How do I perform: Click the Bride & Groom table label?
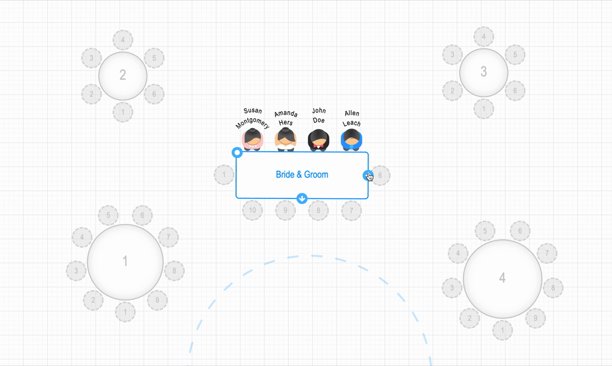tap(302, 174)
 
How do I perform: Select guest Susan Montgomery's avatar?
tap(252, 139)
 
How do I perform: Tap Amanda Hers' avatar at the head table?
tap(285, 139)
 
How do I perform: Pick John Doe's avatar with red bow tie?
tap(318, 140)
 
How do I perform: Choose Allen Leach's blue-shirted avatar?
tap(351, 140)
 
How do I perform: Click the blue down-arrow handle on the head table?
tap(302, 198)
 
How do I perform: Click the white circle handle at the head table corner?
tap(237, 152)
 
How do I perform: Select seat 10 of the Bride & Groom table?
tap(252, 211)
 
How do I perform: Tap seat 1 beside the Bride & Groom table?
tap(224, 175)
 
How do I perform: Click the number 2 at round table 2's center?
tap(123, 75)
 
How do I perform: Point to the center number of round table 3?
tap(483, 72)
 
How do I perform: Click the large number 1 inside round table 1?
tap(125, 261)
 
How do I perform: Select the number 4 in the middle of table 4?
tap(502, 278)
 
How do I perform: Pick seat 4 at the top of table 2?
tap(123, 40)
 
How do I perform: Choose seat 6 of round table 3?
tap(515, 91)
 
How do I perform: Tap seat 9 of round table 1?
tap(157, 300)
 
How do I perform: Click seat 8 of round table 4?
tap(553, 287)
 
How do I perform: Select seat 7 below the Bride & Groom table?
tap(351, 211)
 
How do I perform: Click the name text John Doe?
tap(319, 116)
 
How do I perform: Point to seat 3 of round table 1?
tap(76, 270)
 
